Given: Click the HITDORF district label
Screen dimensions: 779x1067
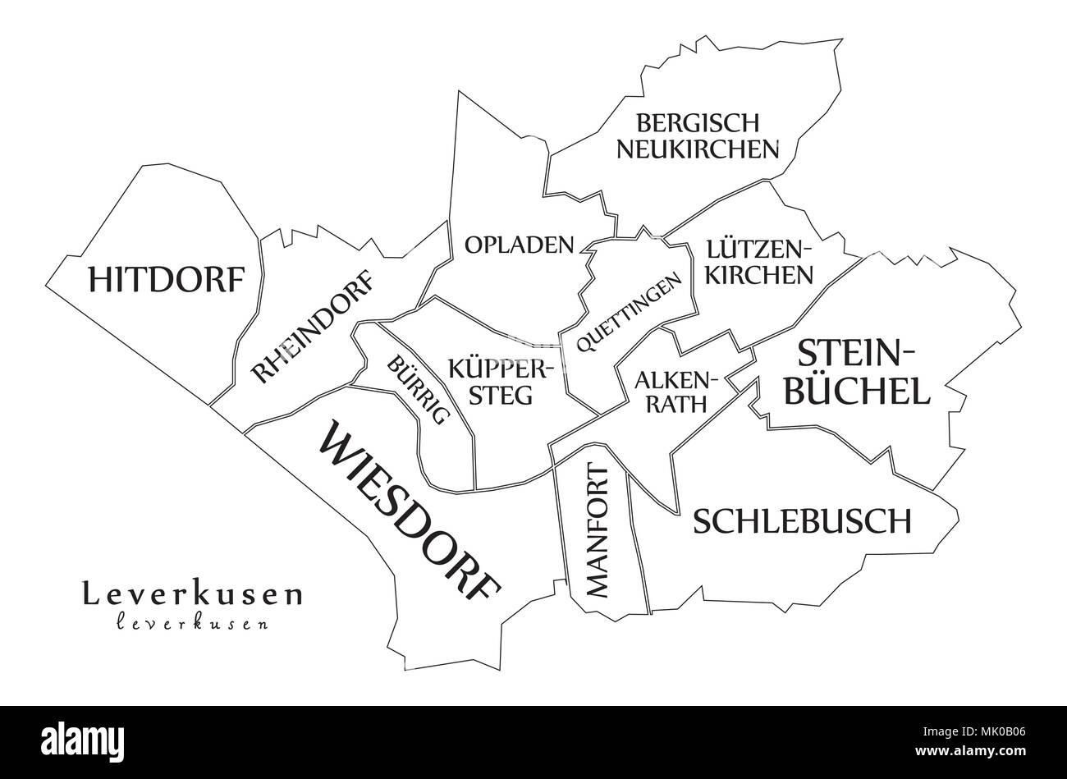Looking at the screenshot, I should tap(167, 280).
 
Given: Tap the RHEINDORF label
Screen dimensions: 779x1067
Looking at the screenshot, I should tap(312, 328).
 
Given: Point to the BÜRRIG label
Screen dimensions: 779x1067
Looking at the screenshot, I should tap(419, 389).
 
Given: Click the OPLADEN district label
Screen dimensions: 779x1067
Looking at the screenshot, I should tap(519, 245).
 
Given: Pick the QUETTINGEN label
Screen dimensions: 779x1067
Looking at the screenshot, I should tap(630, 312).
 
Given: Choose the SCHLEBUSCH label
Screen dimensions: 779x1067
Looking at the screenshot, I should tap(802, 520).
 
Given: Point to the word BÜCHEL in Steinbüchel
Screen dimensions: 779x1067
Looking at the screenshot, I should tap(858, 392).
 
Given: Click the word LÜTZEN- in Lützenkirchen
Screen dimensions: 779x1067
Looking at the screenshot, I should tap(759, 248).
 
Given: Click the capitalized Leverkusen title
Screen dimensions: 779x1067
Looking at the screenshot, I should tap(192, 594).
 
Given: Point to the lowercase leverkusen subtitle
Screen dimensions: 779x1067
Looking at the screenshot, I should tap(192, 623).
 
